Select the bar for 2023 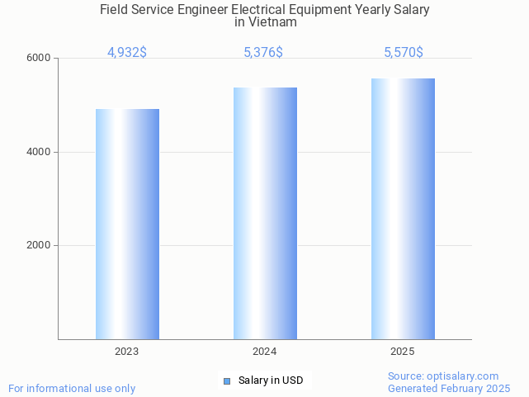click(127, 224)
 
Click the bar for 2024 click(265, 213)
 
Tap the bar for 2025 click(403, 209)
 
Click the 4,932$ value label click(127, 53)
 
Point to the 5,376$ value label click(263, 53)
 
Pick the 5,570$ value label click(404, 53)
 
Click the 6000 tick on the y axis click(40, 59)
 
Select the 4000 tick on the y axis click(40, 152)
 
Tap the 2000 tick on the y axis click(40, 246)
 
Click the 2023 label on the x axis click(127, 352)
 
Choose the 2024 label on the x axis click(265, 352)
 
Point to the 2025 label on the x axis click(403, 352)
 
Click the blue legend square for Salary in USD click(227, 380)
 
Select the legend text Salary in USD click(271, 380)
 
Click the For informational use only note click(72, 388)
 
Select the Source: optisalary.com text click(443, 376)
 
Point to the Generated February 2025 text click(449, 388)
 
